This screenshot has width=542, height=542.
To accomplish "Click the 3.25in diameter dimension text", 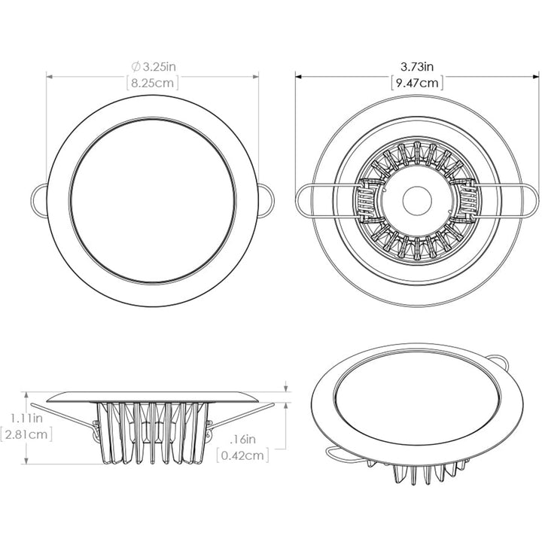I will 158,67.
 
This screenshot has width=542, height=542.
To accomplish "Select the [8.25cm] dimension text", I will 154,83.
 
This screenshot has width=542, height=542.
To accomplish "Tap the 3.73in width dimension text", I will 417,67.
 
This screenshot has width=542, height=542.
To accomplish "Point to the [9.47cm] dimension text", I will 417,83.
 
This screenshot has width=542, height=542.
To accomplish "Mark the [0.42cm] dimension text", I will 242,455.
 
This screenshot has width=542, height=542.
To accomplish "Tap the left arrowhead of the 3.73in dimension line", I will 298,75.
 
